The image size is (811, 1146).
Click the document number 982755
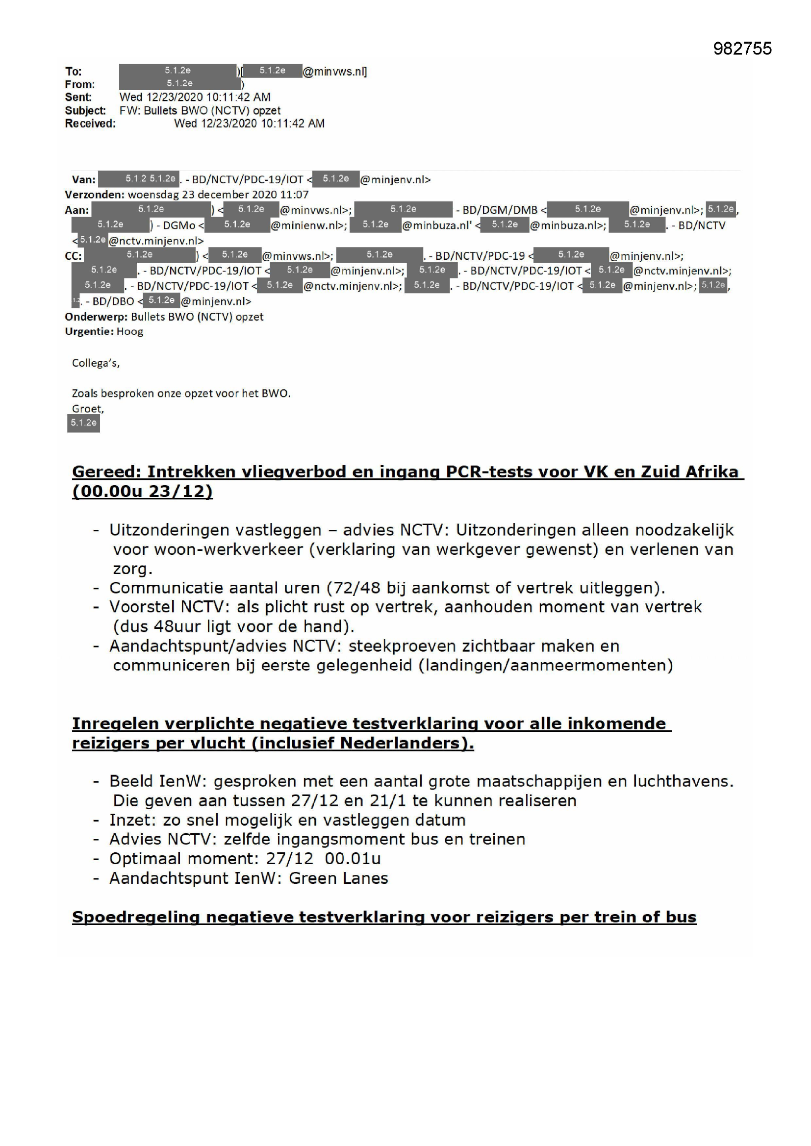[x=742, y=49]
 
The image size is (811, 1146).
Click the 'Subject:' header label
[x=85, y=110]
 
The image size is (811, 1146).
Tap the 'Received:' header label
[x=90, y=124]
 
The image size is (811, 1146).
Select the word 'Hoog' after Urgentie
[x=130, y=331]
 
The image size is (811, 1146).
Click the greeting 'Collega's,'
[x=96, y=363]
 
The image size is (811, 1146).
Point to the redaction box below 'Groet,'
[x=83, y=423]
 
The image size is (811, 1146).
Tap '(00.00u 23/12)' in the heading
[x=142, y=491]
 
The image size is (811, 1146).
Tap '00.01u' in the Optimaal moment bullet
[x=353, y=858]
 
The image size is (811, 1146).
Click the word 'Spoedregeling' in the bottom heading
[x=135, y=917]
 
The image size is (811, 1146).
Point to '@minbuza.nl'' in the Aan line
[x=436, y=225]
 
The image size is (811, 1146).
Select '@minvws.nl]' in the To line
[x=334, y=72]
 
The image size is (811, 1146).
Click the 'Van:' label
[x=83, y=180]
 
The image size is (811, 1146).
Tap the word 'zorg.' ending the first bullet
[x=132, y=569]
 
